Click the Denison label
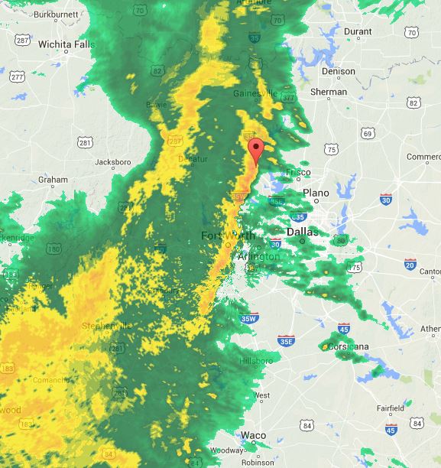pyautogui.click(x=338, y=71)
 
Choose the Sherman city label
pyautogui.click(x=329, y=92)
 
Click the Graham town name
pyautogui.click(x=53, y=180)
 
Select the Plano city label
pyautogui.click(x=316, y=193)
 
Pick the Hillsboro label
pyautogui.click(x=255, y=360)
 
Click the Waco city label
pyautogui.click(x=253, y=435)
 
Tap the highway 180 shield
pyautogui.click(x=53, y=249)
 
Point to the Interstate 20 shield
pyautogui.click(x=410, y=265)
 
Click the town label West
pyautogui.click(x=261, y=395)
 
